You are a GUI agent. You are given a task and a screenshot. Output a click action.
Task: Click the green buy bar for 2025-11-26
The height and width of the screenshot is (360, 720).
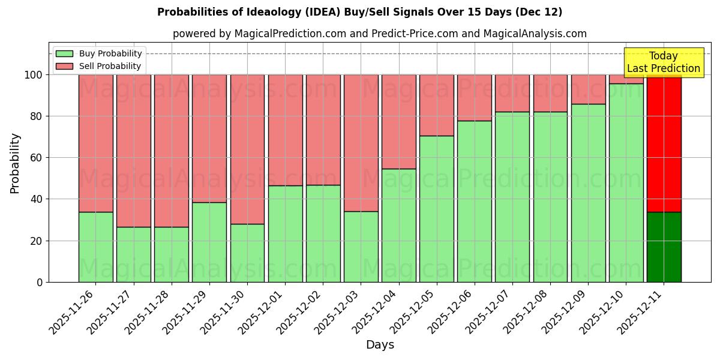95,247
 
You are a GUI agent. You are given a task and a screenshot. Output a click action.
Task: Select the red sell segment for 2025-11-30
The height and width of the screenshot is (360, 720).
247,149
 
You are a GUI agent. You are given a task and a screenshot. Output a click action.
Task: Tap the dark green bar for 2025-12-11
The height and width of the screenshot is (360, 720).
664,247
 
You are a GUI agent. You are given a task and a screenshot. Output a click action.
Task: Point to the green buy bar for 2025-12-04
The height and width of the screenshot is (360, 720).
398,225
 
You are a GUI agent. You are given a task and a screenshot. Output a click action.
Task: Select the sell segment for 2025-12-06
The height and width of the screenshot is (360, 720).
474,98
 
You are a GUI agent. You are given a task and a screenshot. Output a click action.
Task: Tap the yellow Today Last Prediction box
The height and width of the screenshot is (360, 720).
663,62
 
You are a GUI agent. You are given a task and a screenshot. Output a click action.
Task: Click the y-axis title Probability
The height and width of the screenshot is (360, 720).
15,163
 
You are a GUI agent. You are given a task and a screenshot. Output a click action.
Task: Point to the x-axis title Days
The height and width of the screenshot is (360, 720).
380,345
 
